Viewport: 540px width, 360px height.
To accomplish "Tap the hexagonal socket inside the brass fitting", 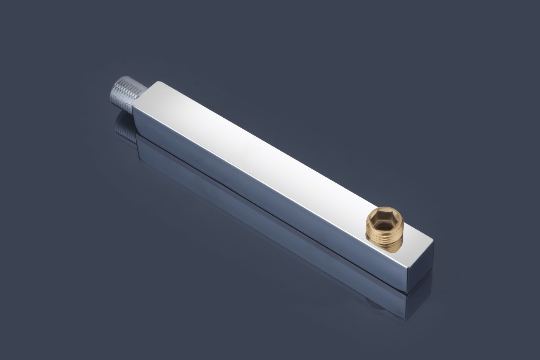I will point(384,223).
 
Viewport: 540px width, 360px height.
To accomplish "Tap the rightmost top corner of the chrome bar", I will point(434,242).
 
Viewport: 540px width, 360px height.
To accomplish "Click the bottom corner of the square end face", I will point(407,292).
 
